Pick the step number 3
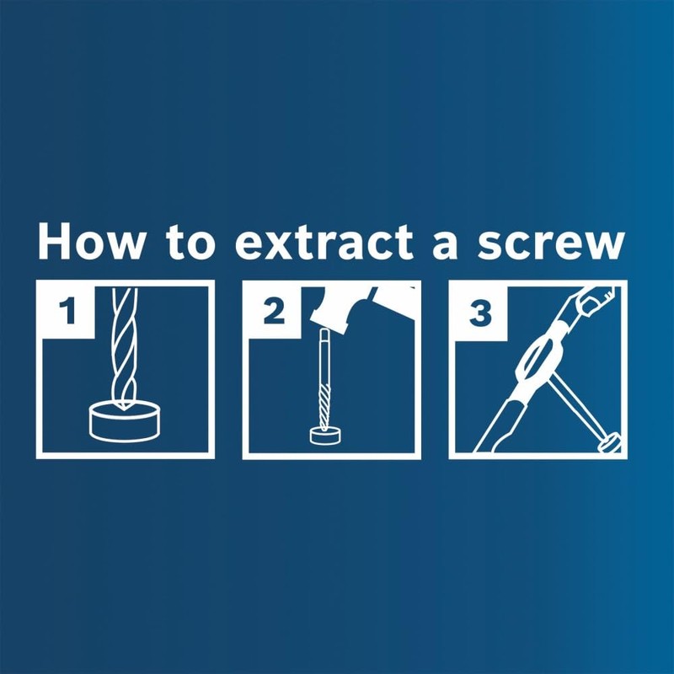tap(479, 313)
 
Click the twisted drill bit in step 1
tap(124, 354)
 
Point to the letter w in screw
tap(603, 246)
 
